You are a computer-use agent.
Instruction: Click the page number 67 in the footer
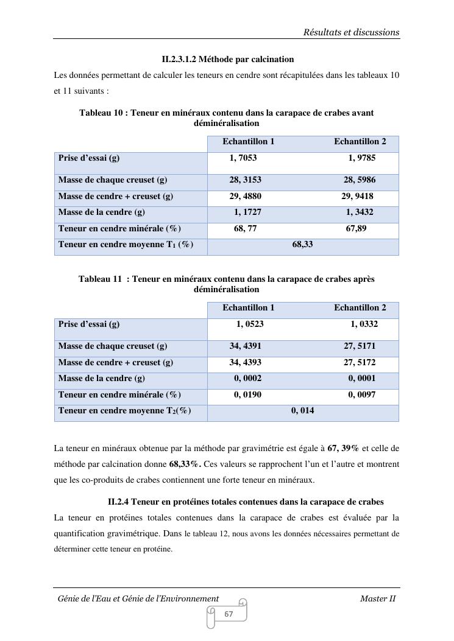[229, 614]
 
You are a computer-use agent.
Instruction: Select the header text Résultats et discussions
[351, 32]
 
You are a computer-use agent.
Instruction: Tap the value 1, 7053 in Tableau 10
[243, 158]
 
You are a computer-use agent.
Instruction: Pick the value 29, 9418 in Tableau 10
[357, 197]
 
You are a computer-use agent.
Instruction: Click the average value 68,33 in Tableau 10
[302, 245]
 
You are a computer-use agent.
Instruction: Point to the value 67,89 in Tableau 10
[356, 229]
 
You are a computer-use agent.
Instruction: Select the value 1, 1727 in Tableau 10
[247, 212]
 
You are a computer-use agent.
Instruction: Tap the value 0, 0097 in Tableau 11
[362, 395]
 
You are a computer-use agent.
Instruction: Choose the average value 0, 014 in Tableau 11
[303, 411]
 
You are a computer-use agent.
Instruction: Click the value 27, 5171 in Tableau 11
[360, 346]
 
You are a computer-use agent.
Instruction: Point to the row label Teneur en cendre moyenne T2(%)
[124, 411]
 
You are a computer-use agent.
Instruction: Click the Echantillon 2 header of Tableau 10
[360, 142]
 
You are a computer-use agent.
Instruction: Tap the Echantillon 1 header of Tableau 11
[248, 308]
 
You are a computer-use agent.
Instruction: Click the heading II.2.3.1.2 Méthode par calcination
[227, 60]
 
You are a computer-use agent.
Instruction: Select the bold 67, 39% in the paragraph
[343, 449]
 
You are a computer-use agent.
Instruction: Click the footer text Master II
[378, 599]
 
